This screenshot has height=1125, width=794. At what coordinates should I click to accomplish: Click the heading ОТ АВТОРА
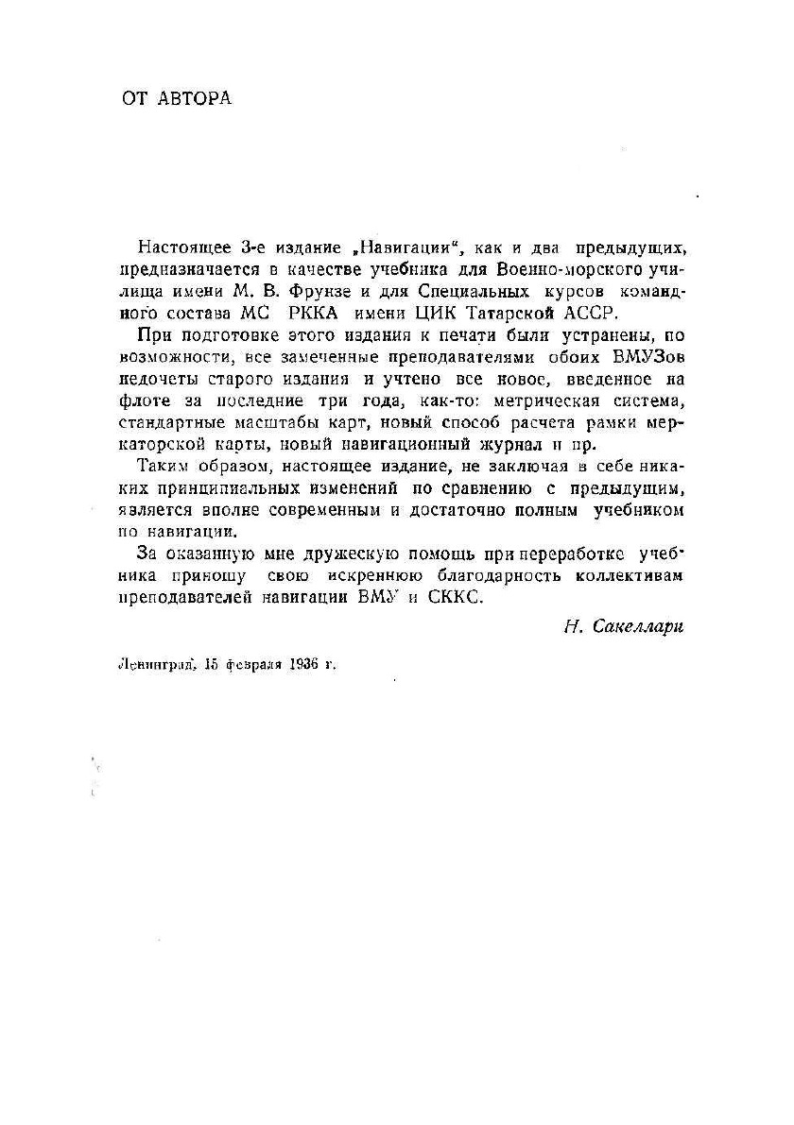click(177, 98)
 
